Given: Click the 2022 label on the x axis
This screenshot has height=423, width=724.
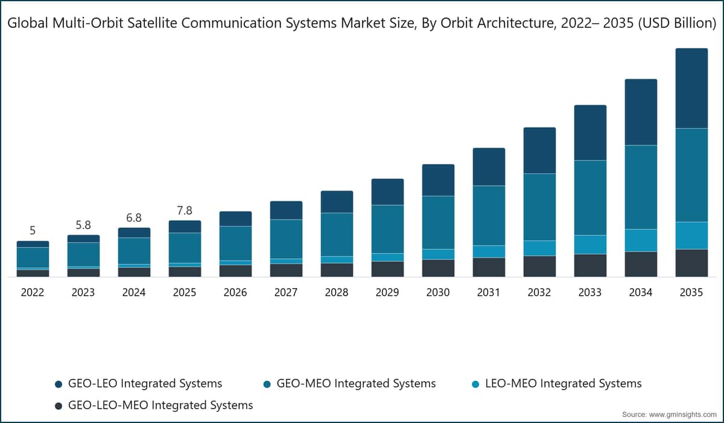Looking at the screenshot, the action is pos(33,292).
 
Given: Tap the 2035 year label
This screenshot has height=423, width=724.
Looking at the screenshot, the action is pos(691,292).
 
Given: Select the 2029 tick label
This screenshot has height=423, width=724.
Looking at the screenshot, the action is pos(387,292).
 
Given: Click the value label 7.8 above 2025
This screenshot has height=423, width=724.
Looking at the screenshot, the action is pos(185,211).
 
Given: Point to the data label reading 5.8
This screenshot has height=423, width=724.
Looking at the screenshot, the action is pos(83,225).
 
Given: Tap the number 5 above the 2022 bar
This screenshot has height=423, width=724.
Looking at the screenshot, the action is pos(33,230).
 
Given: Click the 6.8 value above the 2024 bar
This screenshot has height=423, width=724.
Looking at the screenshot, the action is pos(134,218).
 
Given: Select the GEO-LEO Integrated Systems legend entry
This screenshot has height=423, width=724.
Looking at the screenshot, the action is pos(139,384).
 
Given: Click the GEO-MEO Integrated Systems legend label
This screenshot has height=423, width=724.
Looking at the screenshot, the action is pos(350,384).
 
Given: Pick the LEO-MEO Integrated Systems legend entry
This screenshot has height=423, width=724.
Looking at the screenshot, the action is pos(556,384).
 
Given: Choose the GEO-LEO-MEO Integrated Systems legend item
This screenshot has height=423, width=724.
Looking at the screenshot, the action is pos(154,405).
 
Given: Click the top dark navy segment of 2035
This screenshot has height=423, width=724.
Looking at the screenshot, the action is pos(691,88).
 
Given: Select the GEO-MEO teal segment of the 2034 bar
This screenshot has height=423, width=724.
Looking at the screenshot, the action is pos(641,187).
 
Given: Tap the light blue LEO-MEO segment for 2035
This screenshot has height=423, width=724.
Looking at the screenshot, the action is pos(691,236).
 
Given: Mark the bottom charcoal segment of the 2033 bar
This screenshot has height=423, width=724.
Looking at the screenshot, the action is pos(590,265).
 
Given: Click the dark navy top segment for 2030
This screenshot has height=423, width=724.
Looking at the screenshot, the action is pos(438,180).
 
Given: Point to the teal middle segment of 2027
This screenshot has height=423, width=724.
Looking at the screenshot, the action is pos(287,239).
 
